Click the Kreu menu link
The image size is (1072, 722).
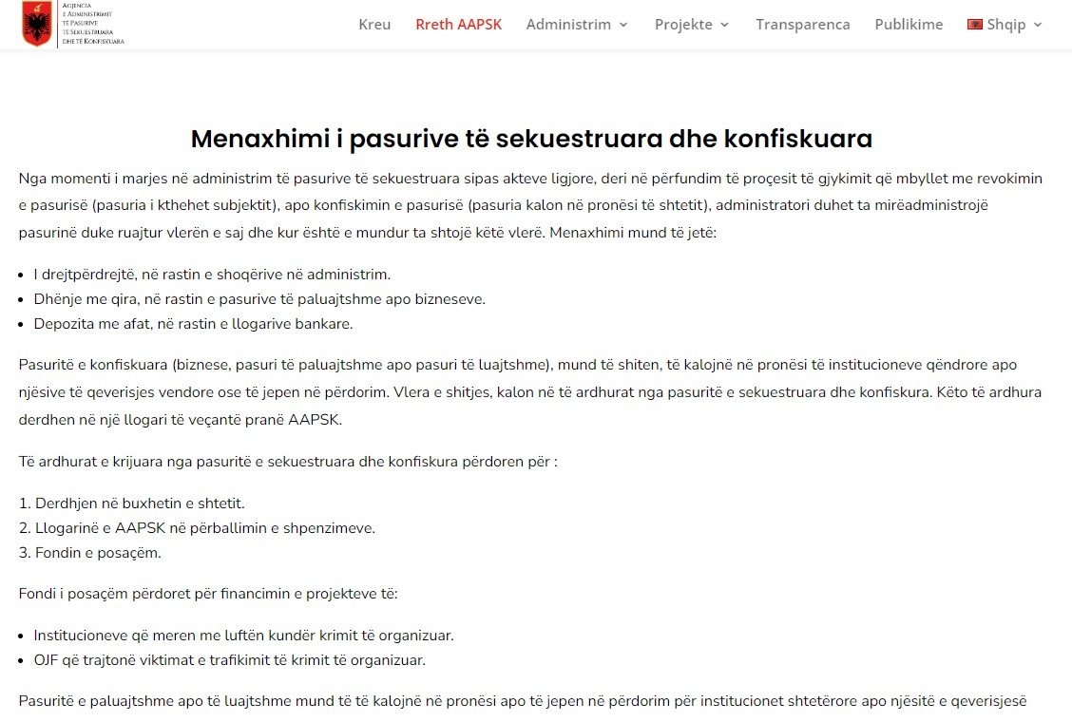click(374, 25)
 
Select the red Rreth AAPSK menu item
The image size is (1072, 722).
click(458, 25)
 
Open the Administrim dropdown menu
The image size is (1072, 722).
click(568, 25)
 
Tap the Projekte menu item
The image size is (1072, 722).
click(683, 25)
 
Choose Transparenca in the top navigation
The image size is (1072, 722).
click(803, 25)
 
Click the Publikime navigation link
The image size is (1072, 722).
click(909, 25)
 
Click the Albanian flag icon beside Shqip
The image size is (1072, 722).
click(975, 25)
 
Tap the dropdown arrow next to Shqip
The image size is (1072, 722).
click(1038, 26)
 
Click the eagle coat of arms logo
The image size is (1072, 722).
click(37, 25)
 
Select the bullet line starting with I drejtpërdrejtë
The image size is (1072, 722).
click(212, 275)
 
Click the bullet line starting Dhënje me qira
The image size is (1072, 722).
click(259, 299)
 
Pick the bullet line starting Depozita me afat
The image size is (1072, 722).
click(193, 324)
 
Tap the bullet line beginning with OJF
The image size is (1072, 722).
click(229, 659)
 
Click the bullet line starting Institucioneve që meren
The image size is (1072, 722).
click(243, 635)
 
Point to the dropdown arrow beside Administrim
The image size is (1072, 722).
click(623, 26)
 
